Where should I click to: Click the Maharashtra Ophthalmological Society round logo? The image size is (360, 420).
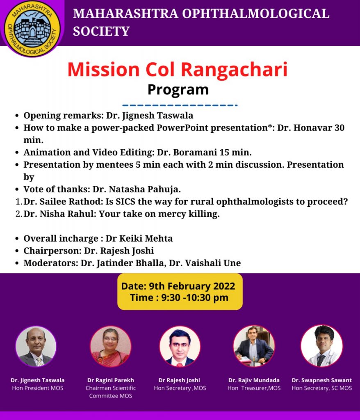pos(32,28)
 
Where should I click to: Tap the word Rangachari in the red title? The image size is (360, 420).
pos(234,69)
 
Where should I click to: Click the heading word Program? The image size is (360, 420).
pos(178,90)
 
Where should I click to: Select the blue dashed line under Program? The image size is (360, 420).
pos(180,105)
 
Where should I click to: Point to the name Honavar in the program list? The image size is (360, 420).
pos(313,128)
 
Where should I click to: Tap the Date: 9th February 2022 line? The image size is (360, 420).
pos(178,286)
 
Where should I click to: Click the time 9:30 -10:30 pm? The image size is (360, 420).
pos(195,298)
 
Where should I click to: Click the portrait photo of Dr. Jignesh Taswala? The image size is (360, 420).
pos(36,346)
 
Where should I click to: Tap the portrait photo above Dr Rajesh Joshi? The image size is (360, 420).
pos(180,346)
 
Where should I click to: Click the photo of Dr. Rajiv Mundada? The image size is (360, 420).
pos(254,346)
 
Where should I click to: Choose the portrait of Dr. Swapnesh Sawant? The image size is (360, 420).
pos(322,346)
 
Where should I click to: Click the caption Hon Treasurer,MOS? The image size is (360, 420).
pos(254,388)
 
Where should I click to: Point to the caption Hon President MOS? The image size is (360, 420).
pos(38,388)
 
